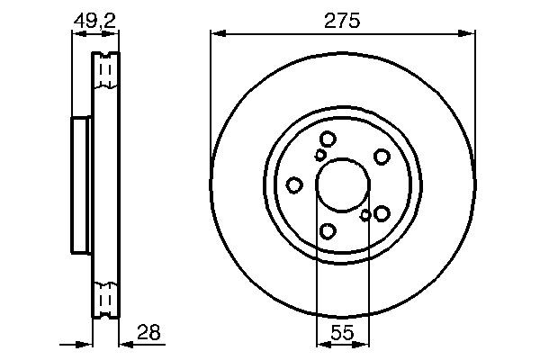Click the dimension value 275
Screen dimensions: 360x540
click(342, 21)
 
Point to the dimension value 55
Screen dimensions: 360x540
click(341, 332)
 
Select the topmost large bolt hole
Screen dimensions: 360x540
click(328, 139)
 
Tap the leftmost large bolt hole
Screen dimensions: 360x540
click(293, 184)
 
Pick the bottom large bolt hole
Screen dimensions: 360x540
click(328, 231)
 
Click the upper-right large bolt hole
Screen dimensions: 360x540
click(382, 156)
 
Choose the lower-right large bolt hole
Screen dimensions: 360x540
click(382, 212)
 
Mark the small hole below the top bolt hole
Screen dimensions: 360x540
click(320, 155)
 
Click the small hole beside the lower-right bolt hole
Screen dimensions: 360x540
click(365, 214)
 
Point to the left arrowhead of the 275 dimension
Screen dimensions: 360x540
click(215, 34)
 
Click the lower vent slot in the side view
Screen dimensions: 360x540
click(105, 296)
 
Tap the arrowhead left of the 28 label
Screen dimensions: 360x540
click(122, 343)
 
